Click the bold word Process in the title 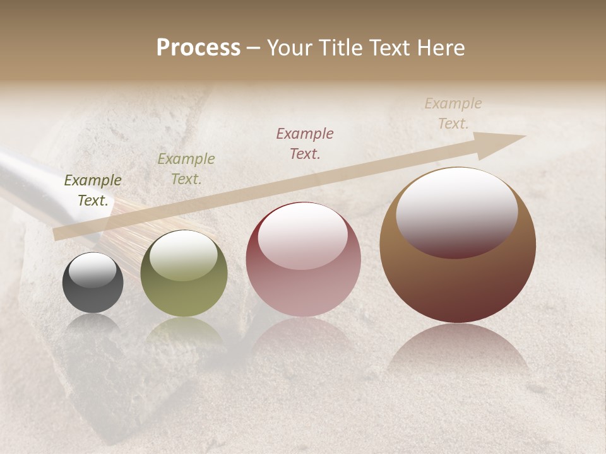click(198, 48)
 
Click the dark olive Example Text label click(93, 190)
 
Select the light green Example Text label click(186, 169)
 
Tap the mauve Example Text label click(305, 144)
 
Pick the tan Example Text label click(453, 113)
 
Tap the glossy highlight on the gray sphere click(93, 270)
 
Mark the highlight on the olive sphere click(184, 255)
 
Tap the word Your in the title click(290, 48)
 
